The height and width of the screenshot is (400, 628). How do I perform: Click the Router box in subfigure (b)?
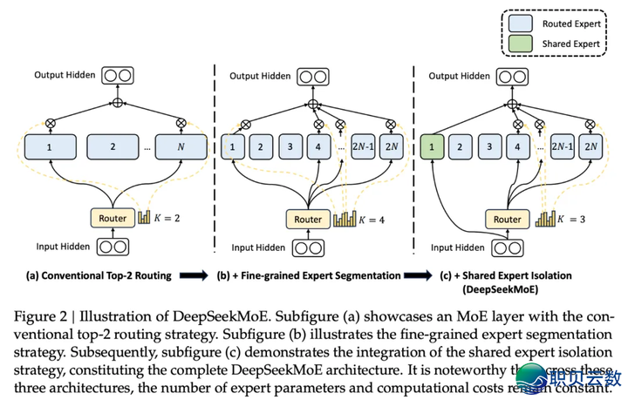click(x=308, y=219)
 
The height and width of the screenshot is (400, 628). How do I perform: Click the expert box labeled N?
click(x=180, y=146)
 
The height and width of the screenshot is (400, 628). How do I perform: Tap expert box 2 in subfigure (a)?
click(x=113, y=146)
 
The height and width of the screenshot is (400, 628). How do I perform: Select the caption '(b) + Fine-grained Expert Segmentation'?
click(x=309, y=276)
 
